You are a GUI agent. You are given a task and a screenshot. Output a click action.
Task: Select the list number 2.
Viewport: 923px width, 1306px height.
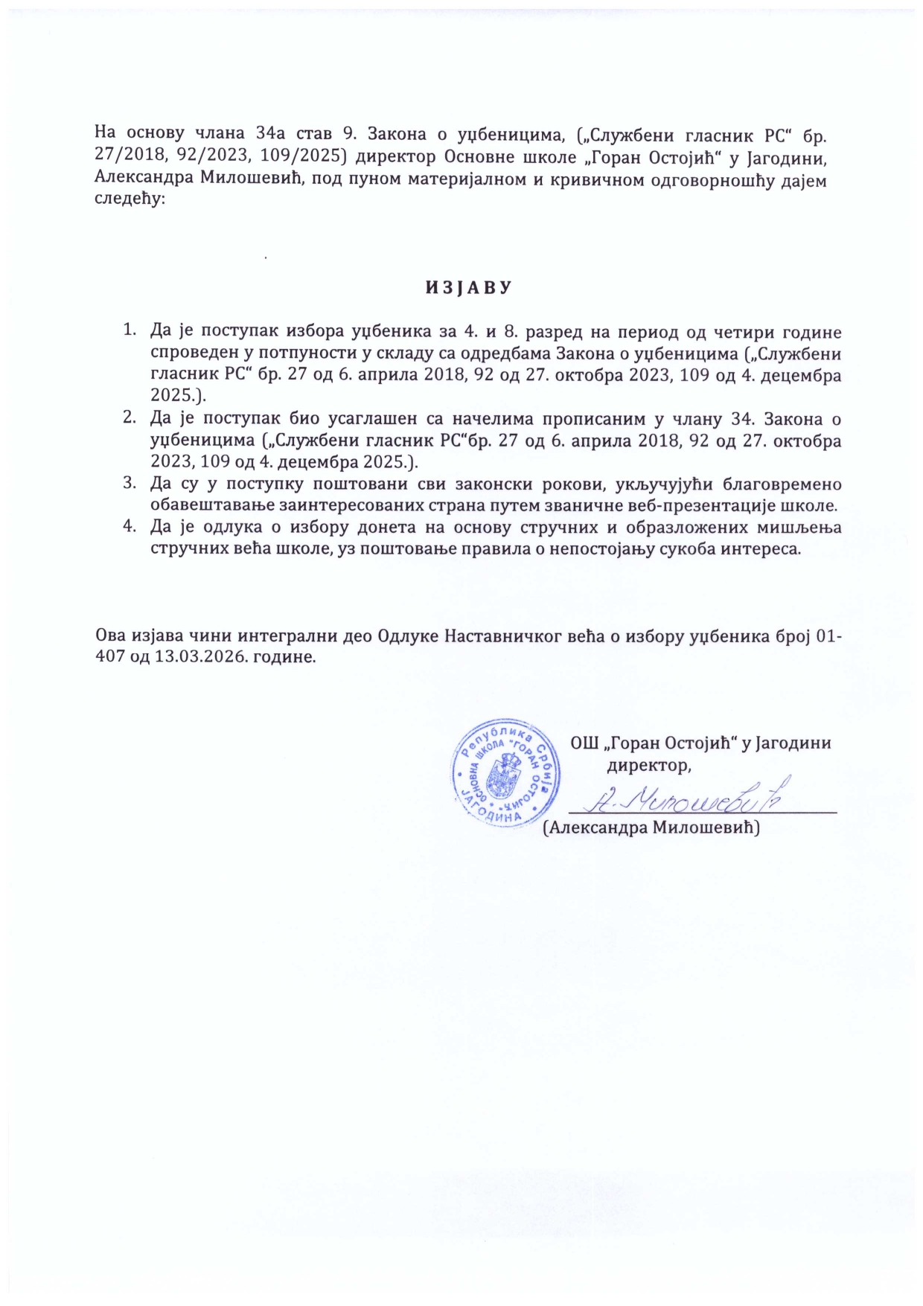(x=130, y=418)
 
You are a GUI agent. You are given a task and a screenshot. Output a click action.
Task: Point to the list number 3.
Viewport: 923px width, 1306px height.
(x=130, y=484)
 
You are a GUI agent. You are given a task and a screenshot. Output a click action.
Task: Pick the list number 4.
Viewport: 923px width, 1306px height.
(x=130, y=528)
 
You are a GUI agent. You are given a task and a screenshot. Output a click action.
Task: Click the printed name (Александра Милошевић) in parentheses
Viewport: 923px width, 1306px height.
(x=651, y=828)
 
